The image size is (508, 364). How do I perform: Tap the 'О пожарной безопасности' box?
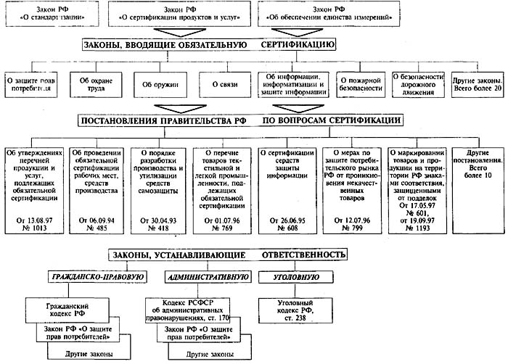click(x=361, y=84)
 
